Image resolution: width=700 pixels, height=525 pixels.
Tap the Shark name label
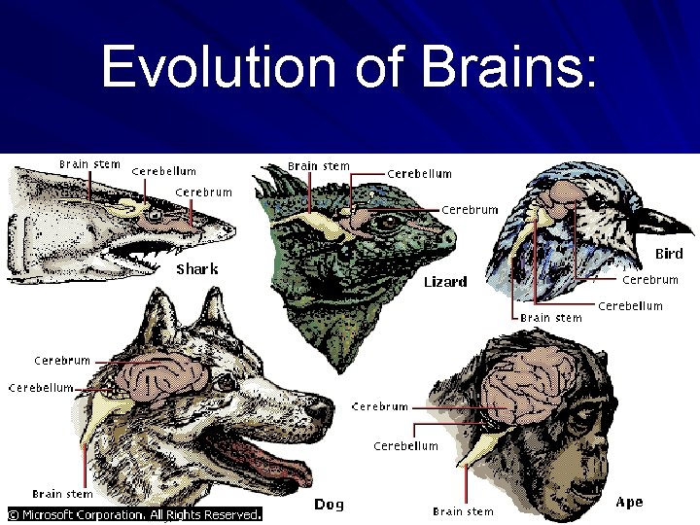tap(196, 268)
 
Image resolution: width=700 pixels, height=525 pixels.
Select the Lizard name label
tap(445, 282)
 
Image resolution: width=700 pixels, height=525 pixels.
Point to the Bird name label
tap(668, 255)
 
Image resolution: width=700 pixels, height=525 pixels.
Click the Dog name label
tap(328, 505)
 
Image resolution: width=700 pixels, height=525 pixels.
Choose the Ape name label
tap(630, 503)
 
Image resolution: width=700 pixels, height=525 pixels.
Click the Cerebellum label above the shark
tap(163, 172)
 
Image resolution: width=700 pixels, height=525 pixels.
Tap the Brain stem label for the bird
tap(551, 318)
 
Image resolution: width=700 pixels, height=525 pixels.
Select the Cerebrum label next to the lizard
tap(471, 209)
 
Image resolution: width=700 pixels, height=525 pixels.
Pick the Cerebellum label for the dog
tap(41, 387)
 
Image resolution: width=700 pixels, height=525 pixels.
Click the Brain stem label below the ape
tap(463, 511)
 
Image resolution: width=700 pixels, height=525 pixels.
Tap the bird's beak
tap(667, 219)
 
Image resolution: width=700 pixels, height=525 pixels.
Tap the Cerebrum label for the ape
tap(379, 406)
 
